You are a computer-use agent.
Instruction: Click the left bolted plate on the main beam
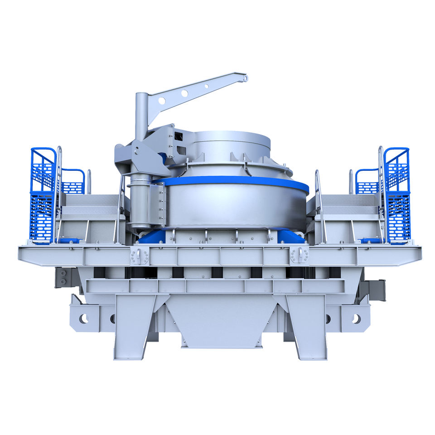click(x=139, y=256)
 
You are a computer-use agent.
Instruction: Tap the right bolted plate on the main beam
click(x=300, y=255)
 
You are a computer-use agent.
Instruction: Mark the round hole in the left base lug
click(x=84, y=319)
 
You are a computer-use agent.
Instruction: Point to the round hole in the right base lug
click(x=356, y=319)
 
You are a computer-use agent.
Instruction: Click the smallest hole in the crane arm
click(x=207, y=86)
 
